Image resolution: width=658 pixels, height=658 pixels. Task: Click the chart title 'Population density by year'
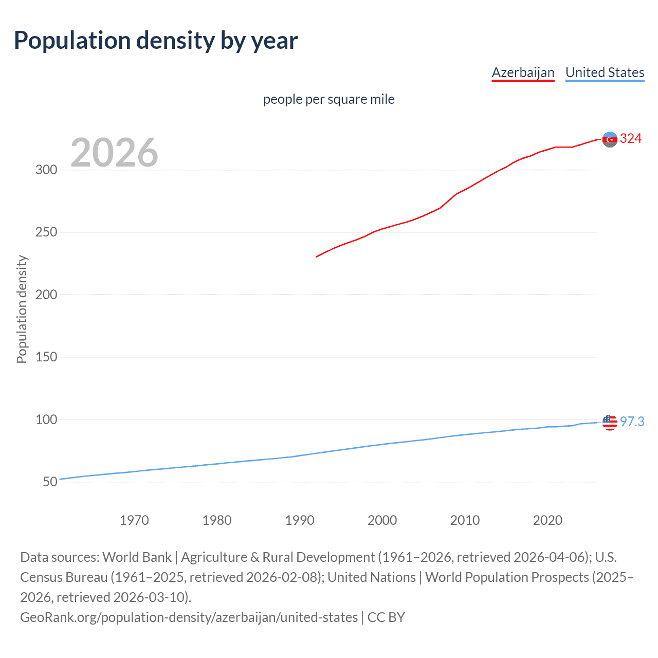pos(156,41)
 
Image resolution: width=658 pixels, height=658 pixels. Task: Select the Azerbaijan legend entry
pos(523,72)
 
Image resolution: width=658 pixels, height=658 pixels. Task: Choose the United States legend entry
pos(605,72)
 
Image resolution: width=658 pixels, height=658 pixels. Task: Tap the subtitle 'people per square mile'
pos(328,99)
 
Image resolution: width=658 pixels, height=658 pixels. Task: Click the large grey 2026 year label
pos(114,153)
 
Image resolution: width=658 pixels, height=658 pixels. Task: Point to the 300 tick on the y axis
pos(46,170)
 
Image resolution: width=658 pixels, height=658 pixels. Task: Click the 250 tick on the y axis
pos(46,232)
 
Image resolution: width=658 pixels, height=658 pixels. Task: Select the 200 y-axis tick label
pos(46,295)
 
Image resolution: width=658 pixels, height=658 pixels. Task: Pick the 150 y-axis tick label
pos(46,357)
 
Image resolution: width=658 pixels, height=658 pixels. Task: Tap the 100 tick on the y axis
pos(46,419)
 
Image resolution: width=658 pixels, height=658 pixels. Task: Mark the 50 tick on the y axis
pos(50,482)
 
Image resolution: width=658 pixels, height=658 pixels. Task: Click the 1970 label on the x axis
pos(134,520)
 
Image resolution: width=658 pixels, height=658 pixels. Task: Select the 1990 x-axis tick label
pos(300,520)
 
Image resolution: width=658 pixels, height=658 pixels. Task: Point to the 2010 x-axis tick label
pos(465,520)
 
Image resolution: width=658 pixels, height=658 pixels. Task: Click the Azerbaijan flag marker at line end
pos(610,139)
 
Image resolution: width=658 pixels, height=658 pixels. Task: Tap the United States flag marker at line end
pos(610,422)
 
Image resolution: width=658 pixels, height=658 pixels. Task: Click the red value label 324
pos(631,139)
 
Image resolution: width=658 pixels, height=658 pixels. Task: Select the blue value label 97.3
pos(632,422)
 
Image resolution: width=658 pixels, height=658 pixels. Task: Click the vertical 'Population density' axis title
pos(22,309)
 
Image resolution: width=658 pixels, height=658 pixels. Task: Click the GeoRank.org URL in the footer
pos(189,617)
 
